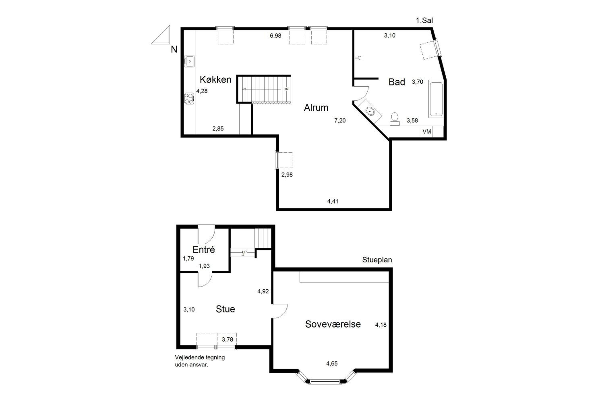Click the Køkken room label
tap(215, 79)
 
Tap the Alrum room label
tap(316, 107)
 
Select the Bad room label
tap(397, 82)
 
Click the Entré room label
tap(204, 249)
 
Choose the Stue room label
tap(225, 309)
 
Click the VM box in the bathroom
tap(427, 132)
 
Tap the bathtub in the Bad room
tap(436, 99)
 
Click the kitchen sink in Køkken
tap(189, 61)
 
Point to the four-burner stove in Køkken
tap(189, 99)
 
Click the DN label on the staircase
tap(286, 89)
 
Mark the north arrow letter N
tap(174, 49)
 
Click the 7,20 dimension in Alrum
tap(340, 120)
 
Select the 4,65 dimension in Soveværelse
tap(332, 364)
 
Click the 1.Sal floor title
tap(424, 20)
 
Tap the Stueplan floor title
tap(377, 260)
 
